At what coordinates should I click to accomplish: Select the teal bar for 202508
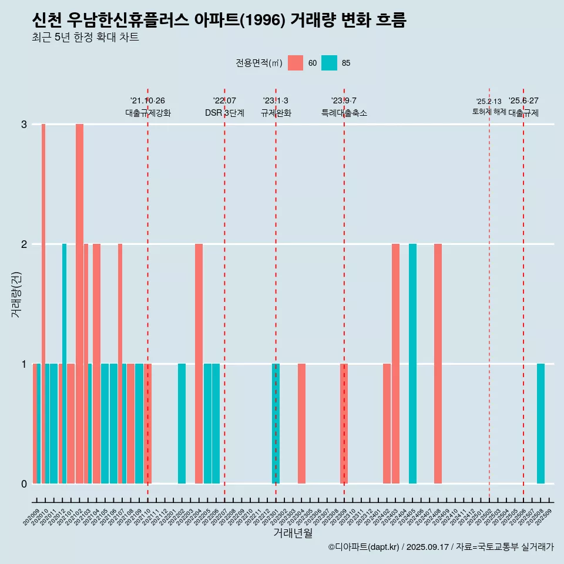540,424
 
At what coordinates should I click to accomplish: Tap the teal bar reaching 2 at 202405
412,364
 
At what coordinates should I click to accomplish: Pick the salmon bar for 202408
438,364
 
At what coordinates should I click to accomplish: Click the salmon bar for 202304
301,424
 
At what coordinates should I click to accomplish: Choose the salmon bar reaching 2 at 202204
199,364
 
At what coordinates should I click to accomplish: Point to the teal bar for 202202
182,424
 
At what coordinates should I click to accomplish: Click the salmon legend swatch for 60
296,63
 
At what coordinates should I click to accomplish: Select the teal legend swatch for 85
330,63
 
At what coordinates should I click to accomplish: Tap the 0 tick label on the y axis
24,484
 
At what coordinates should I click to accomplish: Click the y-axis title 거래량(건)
16,294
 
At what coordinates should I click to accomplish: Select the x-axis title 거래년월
293,533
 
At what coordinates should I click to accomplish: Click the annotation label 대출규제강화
148,113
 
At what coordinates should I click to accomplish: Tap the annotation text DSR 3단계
224,113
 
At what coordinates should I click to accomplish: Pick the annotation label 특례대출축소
344,113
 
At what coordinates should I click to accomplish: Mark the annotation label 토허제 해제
489,111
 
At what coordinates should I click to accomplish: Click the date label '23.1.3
276,100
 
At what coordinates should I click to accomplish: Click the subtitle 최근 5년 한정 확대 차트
86,38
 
